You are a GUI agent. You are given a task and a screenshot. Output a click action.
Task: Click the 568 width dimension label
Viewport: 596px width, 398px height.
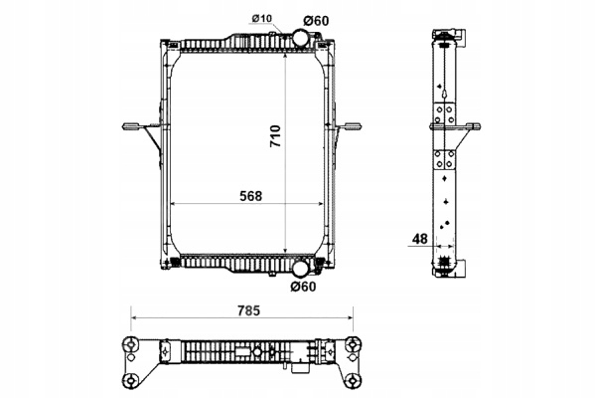click(x=249, y=195)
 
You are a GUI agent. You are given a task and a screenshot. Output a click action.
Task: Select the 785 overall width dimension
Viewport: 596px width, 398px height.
click(x=248, y=310)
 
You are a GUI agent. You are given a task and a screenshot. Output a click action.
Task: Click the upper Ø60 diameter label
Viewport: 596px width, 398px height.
click(x=304, y=18)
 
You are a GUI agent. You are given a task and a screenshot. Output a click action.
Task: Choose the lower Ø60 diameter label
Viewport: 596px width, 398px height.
click(x=304, y=288)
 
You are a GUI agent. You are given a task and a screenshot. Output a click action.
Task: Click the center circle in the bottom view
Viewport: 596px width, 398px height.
click(x=255, y=350)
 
